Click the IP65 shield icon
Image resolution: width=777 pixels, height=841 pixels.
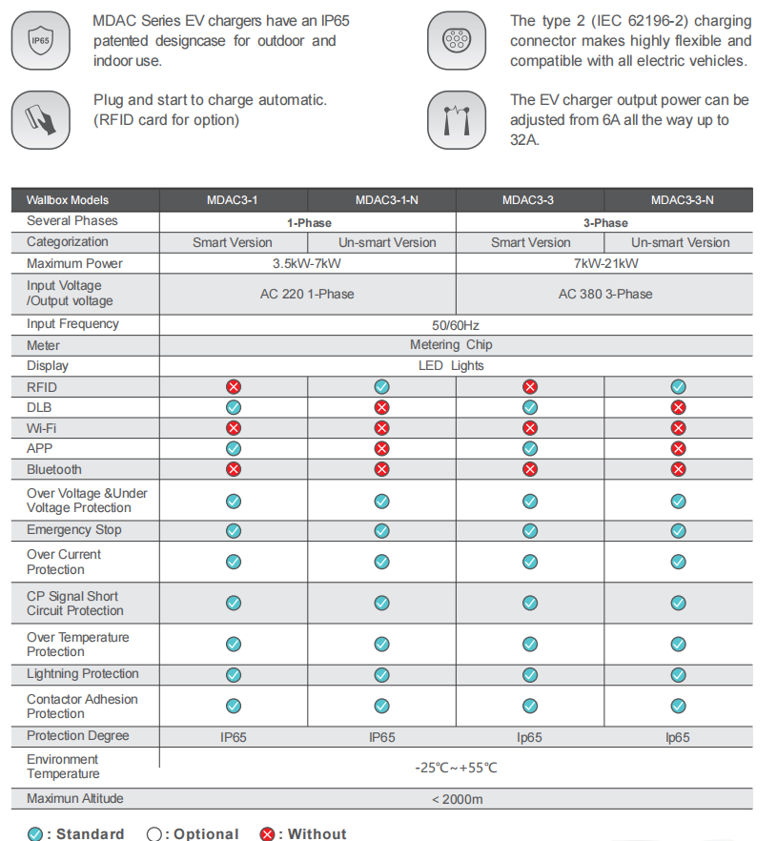[40, 40]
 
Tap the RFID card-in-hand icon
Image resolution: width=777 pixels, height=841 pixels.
[40, 119]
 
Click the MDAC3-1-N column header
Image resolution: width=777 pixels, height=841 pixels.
[381, 200]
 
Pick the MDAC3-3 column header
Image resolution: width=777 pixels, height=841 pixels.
[530, 200]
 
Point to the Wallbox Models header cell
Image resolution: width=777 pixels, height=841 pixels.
[68, 200]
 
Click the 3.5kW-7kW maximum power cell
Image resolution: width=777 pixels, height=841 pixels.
[307, 264]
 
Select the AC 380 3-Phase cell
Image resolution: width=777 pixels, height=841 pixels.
[605, 294]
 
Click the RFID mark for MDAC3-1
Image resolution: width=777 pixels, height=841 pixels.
[233, 387]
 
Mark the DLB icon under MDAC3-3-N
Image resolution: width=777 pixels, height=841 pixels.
[678, 407]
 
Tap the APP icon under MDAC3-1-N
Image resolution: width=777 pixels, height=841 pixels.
[381, 448]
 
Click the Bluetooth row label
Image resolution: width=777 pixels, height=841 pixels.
[54, 469]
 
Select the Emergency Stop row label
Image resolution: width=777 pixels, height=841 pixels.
[74, 530]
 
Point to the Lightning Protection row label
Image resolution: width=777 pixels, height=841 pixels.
[83, 674]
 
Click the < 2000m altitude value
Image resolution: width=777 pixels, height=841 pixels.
[457, 799]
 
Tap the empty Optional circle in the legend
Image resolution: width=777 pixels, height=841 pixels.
[154, 834]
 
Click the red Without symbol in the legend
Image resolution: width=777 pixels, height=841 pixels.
[268, 834]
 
